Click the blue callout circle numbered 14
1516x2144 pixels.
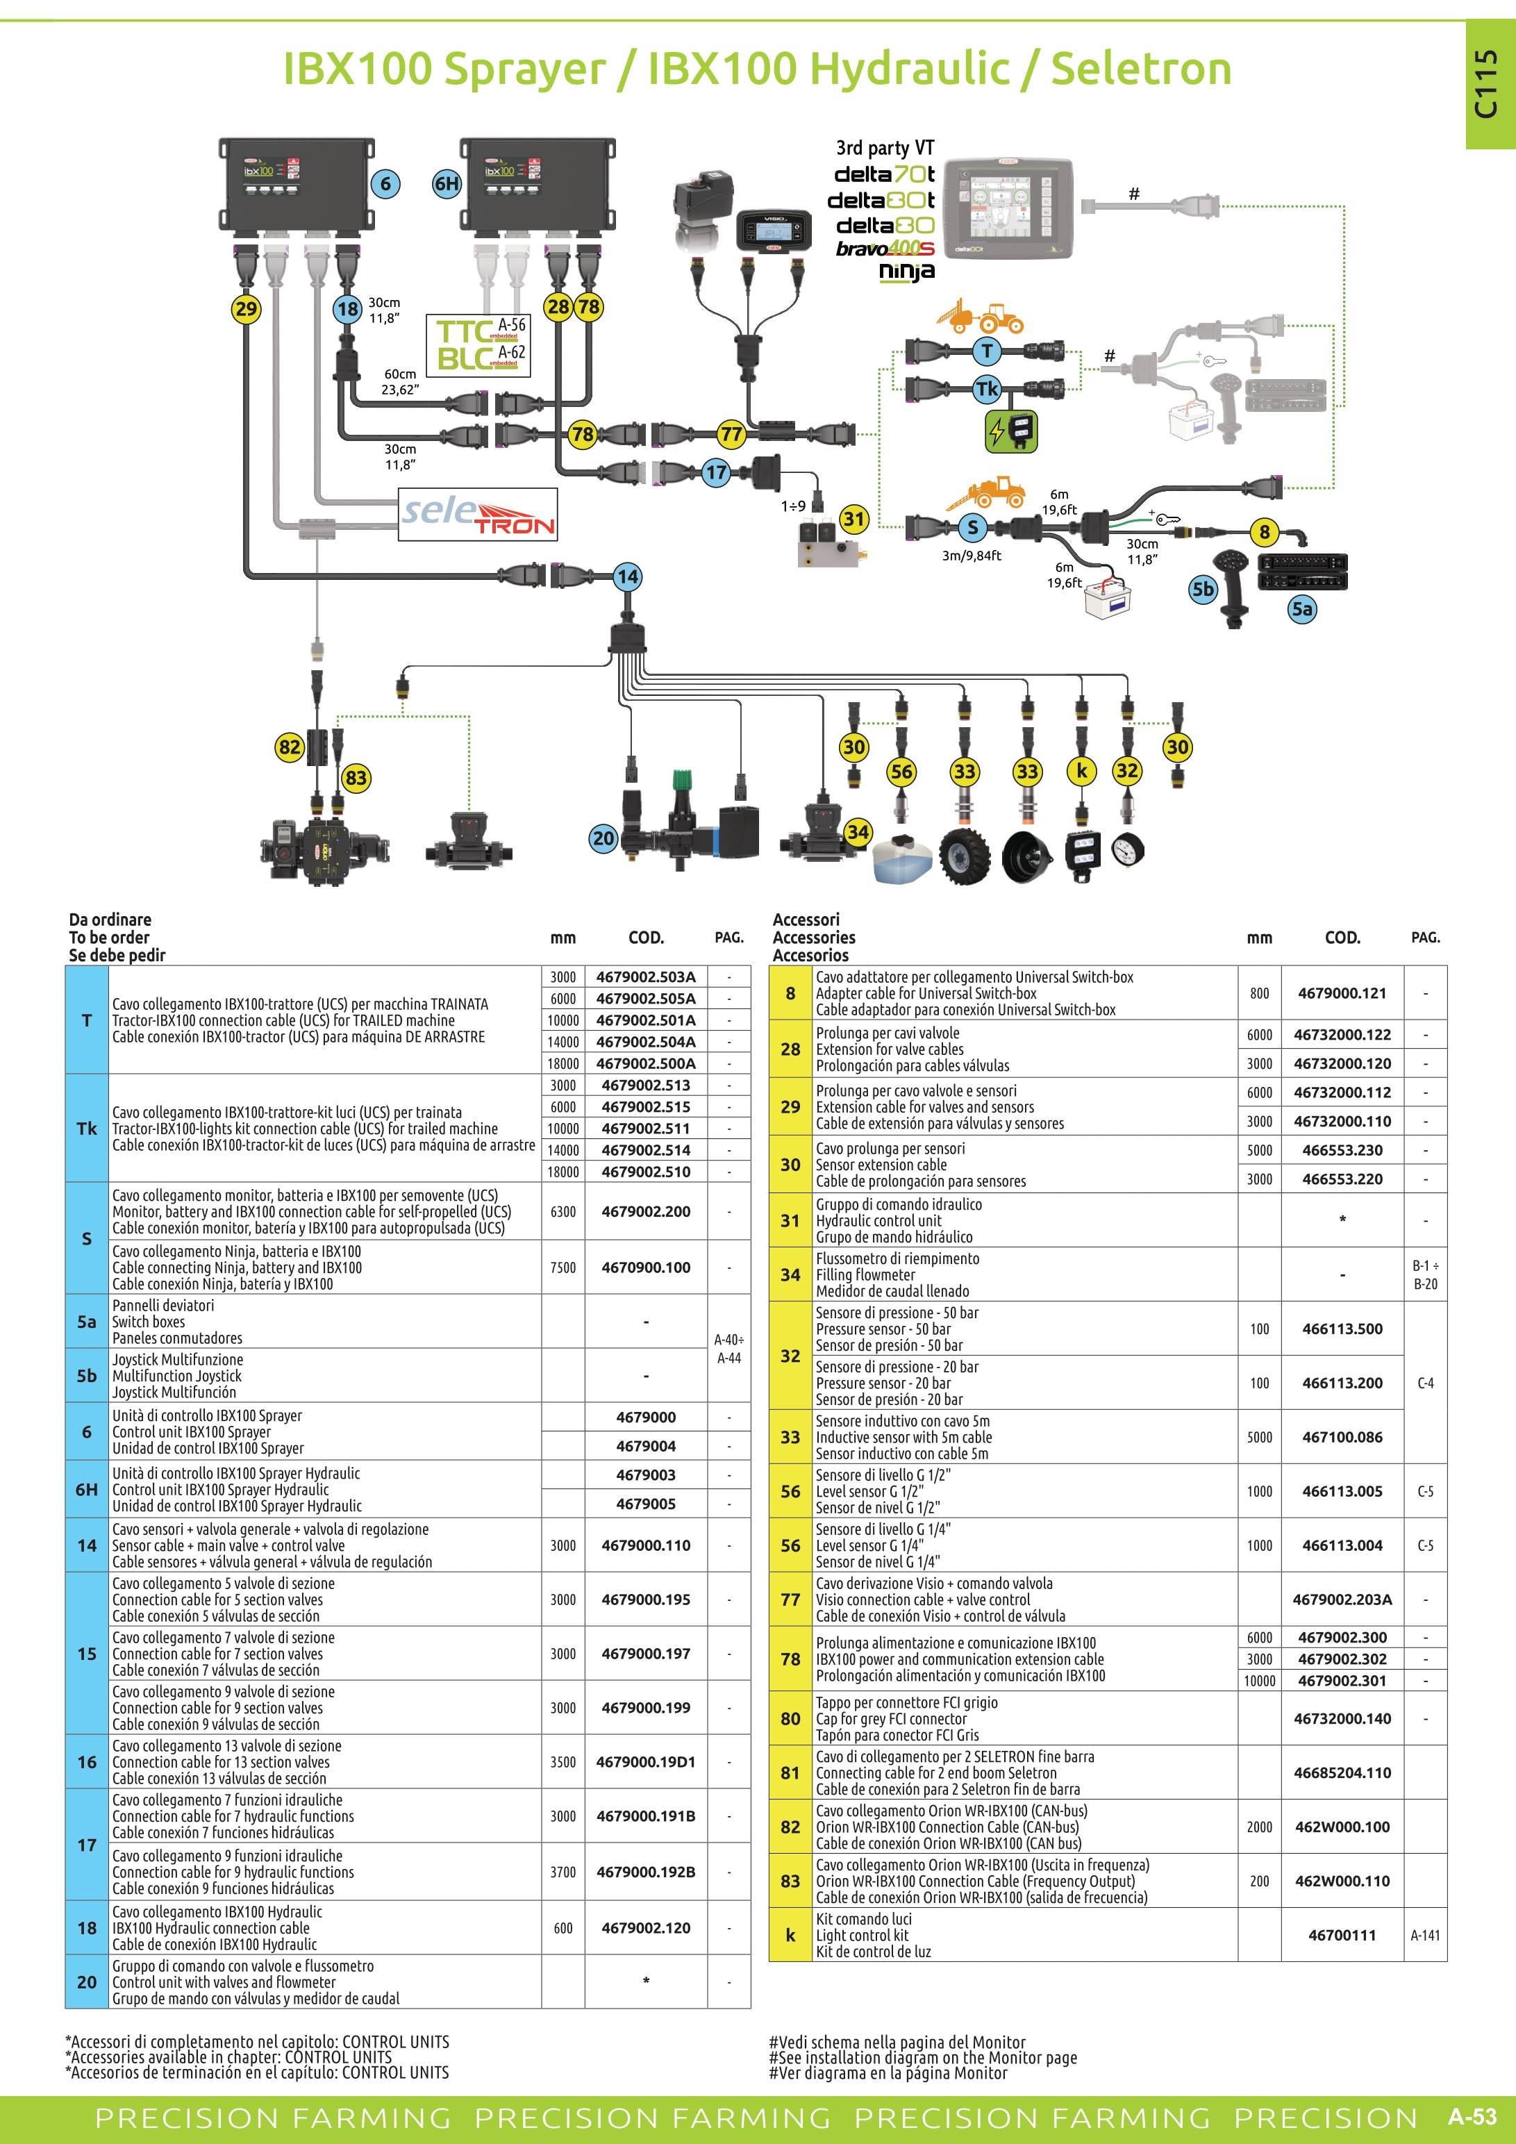(627, 576)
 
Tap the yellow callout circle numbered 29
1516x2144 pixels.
(246, 309)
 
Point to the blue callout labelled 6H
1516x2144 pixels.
(447, 183)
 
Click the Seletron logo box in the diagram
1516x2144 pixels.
(478, 515)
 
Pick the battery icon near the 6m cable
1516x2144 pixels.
(1106, 596)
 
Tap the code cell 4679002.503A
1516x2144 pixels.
(646, 977)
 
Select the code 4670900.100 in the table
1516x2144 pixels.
(646, 1268)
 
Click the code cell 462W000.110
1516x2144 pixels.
(1342, 1881)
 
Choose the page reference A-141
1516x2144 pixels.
(1426, 1935)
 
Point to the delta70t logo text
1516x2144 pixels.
(884, 174)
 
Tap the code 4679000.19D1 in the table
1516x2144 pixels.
(646, 1762)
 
